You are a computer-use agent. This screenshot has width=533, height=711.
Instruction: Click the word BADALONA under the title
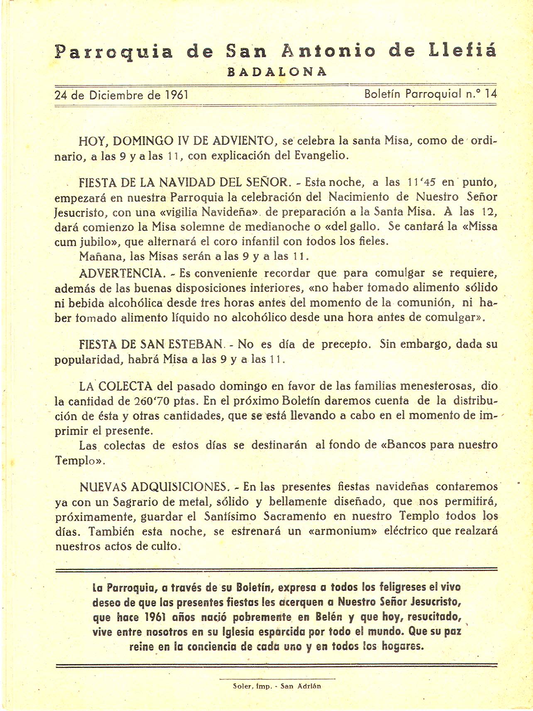click(x=277, y=72)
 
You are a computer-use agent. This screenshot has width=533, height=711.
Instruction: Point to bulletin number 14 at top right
click(x=490, y=94)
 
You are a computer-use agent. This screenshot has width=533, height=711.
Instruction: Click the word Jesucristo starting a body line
click(x=81, y=212)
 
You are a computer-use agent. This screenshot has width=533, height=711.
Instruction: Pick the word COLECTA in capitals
click(x=126, y=386)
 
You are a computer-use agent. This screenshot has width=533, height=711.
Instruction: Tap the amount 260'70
click(x=154, y=401)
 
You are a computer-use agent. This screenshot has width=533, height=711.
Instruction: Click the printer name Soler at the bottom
click(x=242, y=686)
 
